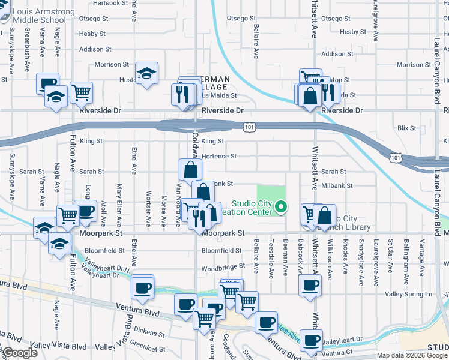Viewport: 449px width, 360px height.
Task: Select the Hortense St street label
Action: point(219,156)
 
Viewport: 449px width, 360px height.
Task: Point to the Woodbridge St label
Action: point(223,267)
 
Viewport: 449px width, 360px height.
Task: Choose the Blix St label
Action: point(406,128)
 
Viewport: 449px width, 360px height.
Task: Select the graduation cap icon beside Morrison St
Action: point(146,74)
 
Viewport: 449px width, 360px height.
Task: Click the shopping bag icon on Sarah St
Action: point(190,170)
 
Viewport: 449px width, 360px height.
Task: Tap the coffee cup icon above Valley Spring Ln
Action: point(310,285)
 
